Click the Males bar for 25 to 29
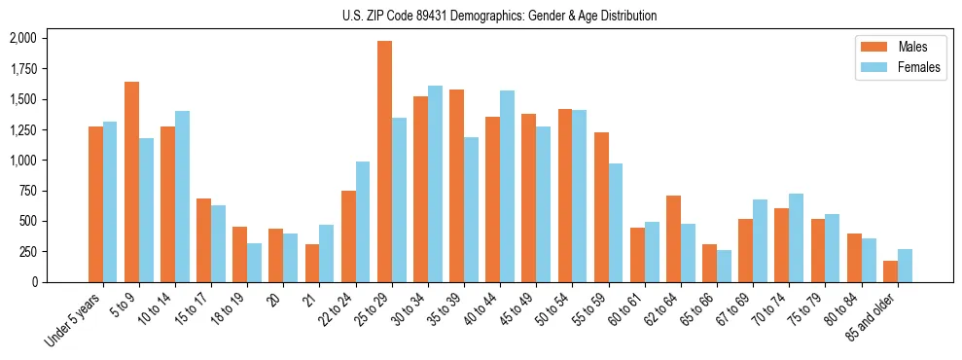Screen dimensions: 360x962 click(384, 162)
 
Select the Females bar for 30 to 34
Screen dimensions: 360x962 click(435, 184)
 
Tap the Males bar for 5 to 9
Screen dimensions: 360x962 click(131, 182)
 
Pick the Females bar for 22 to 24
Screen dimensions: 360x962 click(363, 222)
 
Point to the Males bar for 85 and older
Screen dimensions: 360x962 click(890, 271)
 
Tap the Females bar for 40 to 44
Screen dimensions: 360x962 click(507, 186)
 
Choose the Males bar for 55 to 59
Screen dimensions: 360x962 click(601, 207)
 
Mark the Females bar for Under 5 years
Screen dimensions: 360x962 click(110, 201)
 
